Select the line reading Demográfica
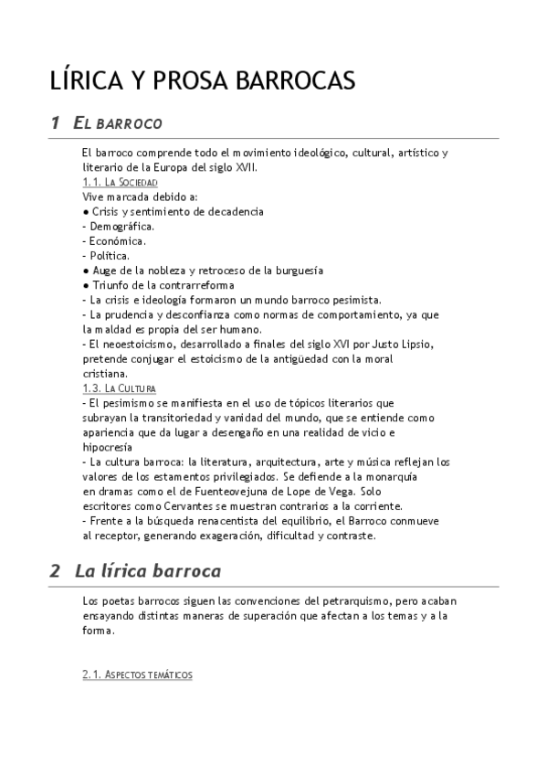(x=118, y=226)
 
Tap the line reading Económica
(x=114, y=240)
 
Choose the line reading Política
(x=106, y=255)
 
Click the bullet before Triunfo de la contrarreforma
(x=85, y=285)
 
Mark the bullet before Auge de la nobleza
(x=85, y=271)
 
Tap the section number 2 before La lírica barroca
(x=55, y=571)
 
